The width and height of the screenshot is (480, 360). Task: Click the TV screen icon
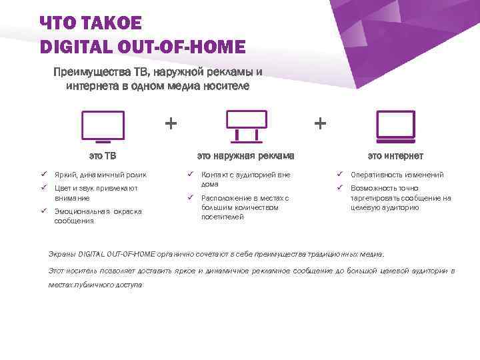pyautogui.click(x=102, y=126)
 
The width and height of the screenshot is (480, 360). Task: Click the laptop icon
pyautogui.click(x=395, y=126)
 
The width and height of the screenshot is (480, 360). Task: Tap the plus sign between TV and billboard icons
pyautogui.click(x=171, y=123)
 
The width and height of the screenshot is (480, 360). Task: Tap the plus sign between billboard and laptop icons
pyautogui.click(x=321, y=123)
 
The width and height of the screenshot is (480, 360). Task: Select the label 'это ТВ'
pyautogui.click(x=103, y=156)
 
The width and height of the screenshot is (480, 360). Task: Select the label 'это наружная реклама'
pyautogui.click(x=245, y=156)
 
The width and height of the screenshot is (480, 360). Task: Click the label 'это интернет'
pyautogui.click(x=395, y=156)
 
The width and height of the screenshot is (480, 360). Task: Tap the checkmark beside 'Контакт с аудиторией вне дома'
pyautogui.click(x=191, y=175)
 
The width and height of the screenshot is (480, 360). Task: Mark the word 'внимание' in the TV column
pyautogui.click(x=71, y=198)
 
